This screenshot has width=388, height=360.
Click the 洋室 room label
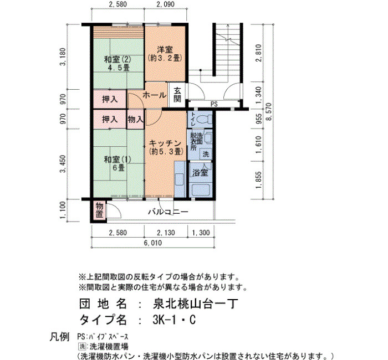165,49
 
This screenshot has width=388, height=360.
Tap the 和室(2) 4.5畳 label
118,63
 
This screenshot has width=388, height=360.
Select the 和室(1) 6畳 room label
118,163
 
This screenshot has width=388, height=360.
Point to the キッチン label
165,143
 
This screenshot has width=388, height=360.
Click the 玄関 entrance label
177,95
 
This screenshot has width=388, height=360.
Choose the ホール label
155,95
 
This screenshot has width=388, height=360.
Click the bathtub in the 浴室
201,189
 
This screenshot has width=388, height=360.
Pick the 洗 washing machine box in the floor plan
206,155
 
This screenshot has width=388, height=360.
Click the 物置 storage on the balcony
99,210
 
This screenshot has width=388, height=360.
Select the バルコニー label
169,212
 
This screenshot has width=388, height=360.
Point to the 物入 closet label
135,120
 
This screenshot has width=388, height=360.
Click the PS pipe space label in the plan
214,104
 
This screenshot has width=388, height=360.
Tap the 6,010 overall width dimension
153,243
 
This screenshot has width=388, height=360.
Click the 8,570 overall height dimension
269,111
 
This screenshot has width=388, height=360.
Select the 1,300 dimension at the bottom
201,233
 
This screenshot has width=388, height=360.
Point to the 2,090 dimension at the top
166,4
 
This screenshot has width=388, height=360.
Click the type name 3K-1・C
174,320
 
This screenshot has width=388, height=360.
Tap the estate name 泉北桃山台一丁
195,304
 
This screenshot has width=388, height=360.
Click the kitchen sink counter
180,179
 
